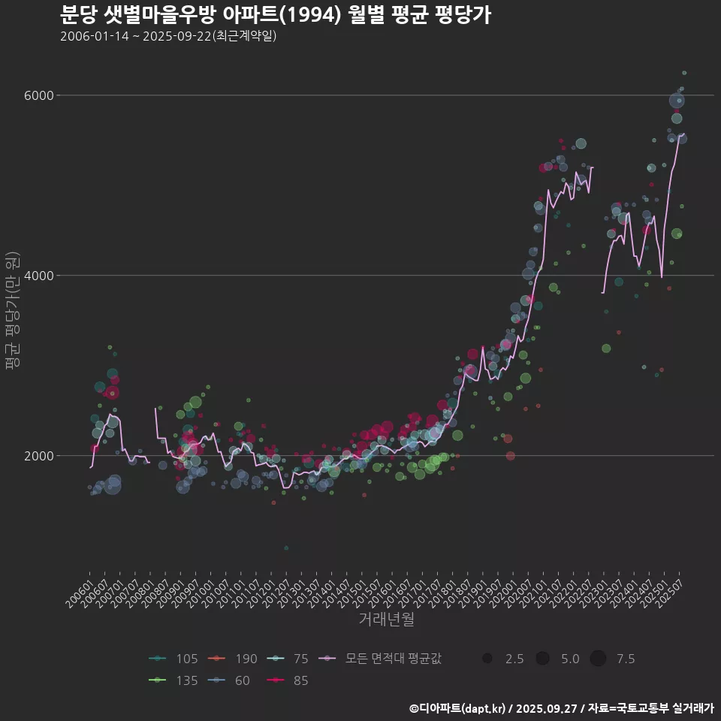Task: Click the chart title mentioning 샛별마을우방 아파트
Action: (x=275, y=14)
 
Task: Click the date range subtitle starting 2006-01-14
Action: (x=168, y=36)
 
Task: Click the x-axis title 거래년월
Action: (x=386, y=619)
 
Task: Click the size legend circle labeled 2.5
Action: (x=487, y=659)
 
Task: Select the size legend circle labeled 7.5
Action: (x=598, y=659)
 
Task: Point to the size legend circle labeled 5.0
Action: (x=542, y=659)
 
